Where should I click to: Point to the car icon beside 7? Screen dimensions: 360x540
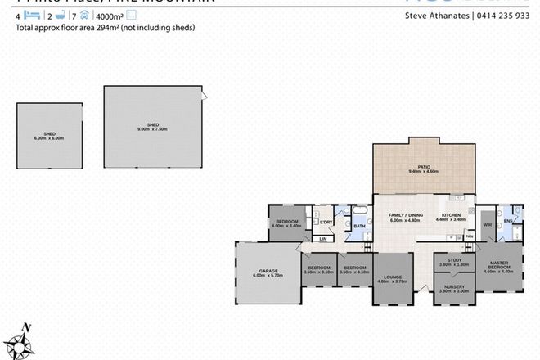84,15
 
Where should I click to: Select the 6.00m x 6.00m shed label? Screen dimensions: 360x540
48,137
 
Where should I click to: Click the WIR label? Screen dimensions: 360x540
488,223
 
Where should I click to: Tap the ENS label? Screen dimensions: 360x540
509,220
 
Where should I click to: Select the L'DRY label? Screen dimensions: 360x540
326,223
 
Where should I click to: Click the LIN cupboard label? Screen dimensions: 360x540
323,239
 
